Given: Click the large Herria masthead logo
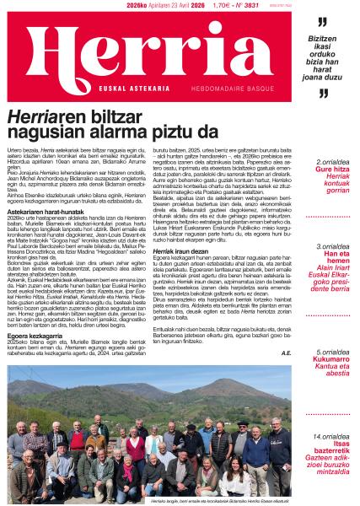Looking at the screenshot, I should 144,50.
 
